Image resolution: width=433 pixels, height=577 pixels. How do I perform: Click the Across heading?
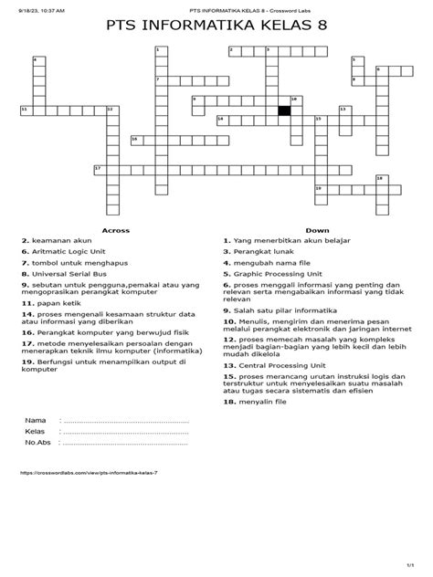pos(115,230)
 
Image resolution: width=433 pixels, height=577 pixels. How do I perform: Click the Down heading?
pos(317,230)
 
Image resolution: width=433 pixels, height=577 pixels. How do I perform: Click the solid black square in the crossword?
pos(284,110)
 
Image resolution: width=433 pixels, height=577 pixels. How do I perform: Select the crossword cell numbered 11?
pos(26,110)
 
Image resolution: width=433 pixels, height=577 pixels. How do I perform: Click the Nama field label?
pos(36,421)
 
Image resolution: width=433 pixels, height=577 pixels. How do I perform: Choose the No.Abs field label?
pos(38,442)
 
